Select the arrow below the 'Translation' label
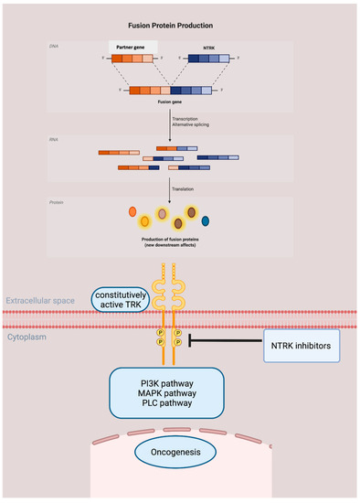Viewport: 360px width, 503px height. [170, 190]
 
